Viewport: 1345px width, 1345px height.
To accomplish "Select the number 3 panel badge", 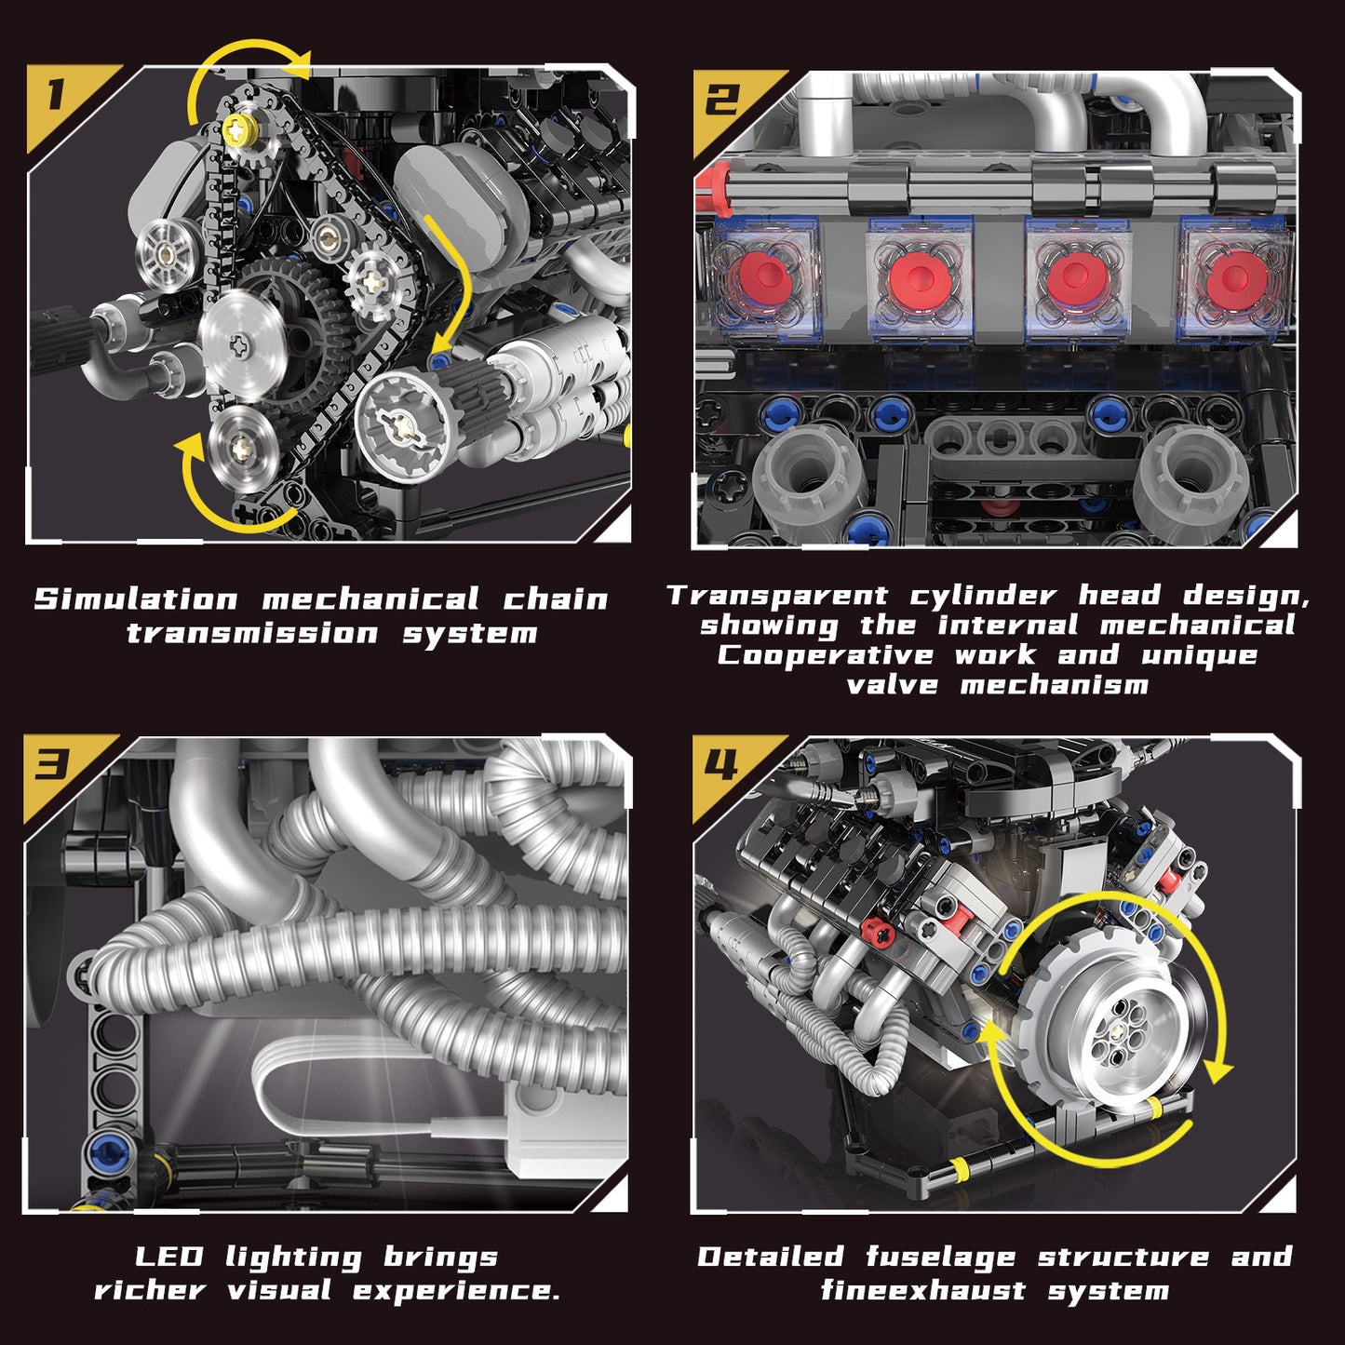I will coord(53,765).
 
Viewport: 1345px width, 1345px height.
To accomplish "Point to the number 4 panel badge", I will coord(721,765).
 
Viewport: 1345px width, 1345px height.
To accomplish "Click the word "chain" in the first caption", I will coord(555,599).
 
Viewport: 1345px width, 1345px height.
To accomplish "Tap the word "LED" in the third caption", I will coord(168,1257).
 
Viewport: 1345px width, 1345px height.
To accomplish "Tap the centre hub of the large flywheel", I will coord(1116,1028).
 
